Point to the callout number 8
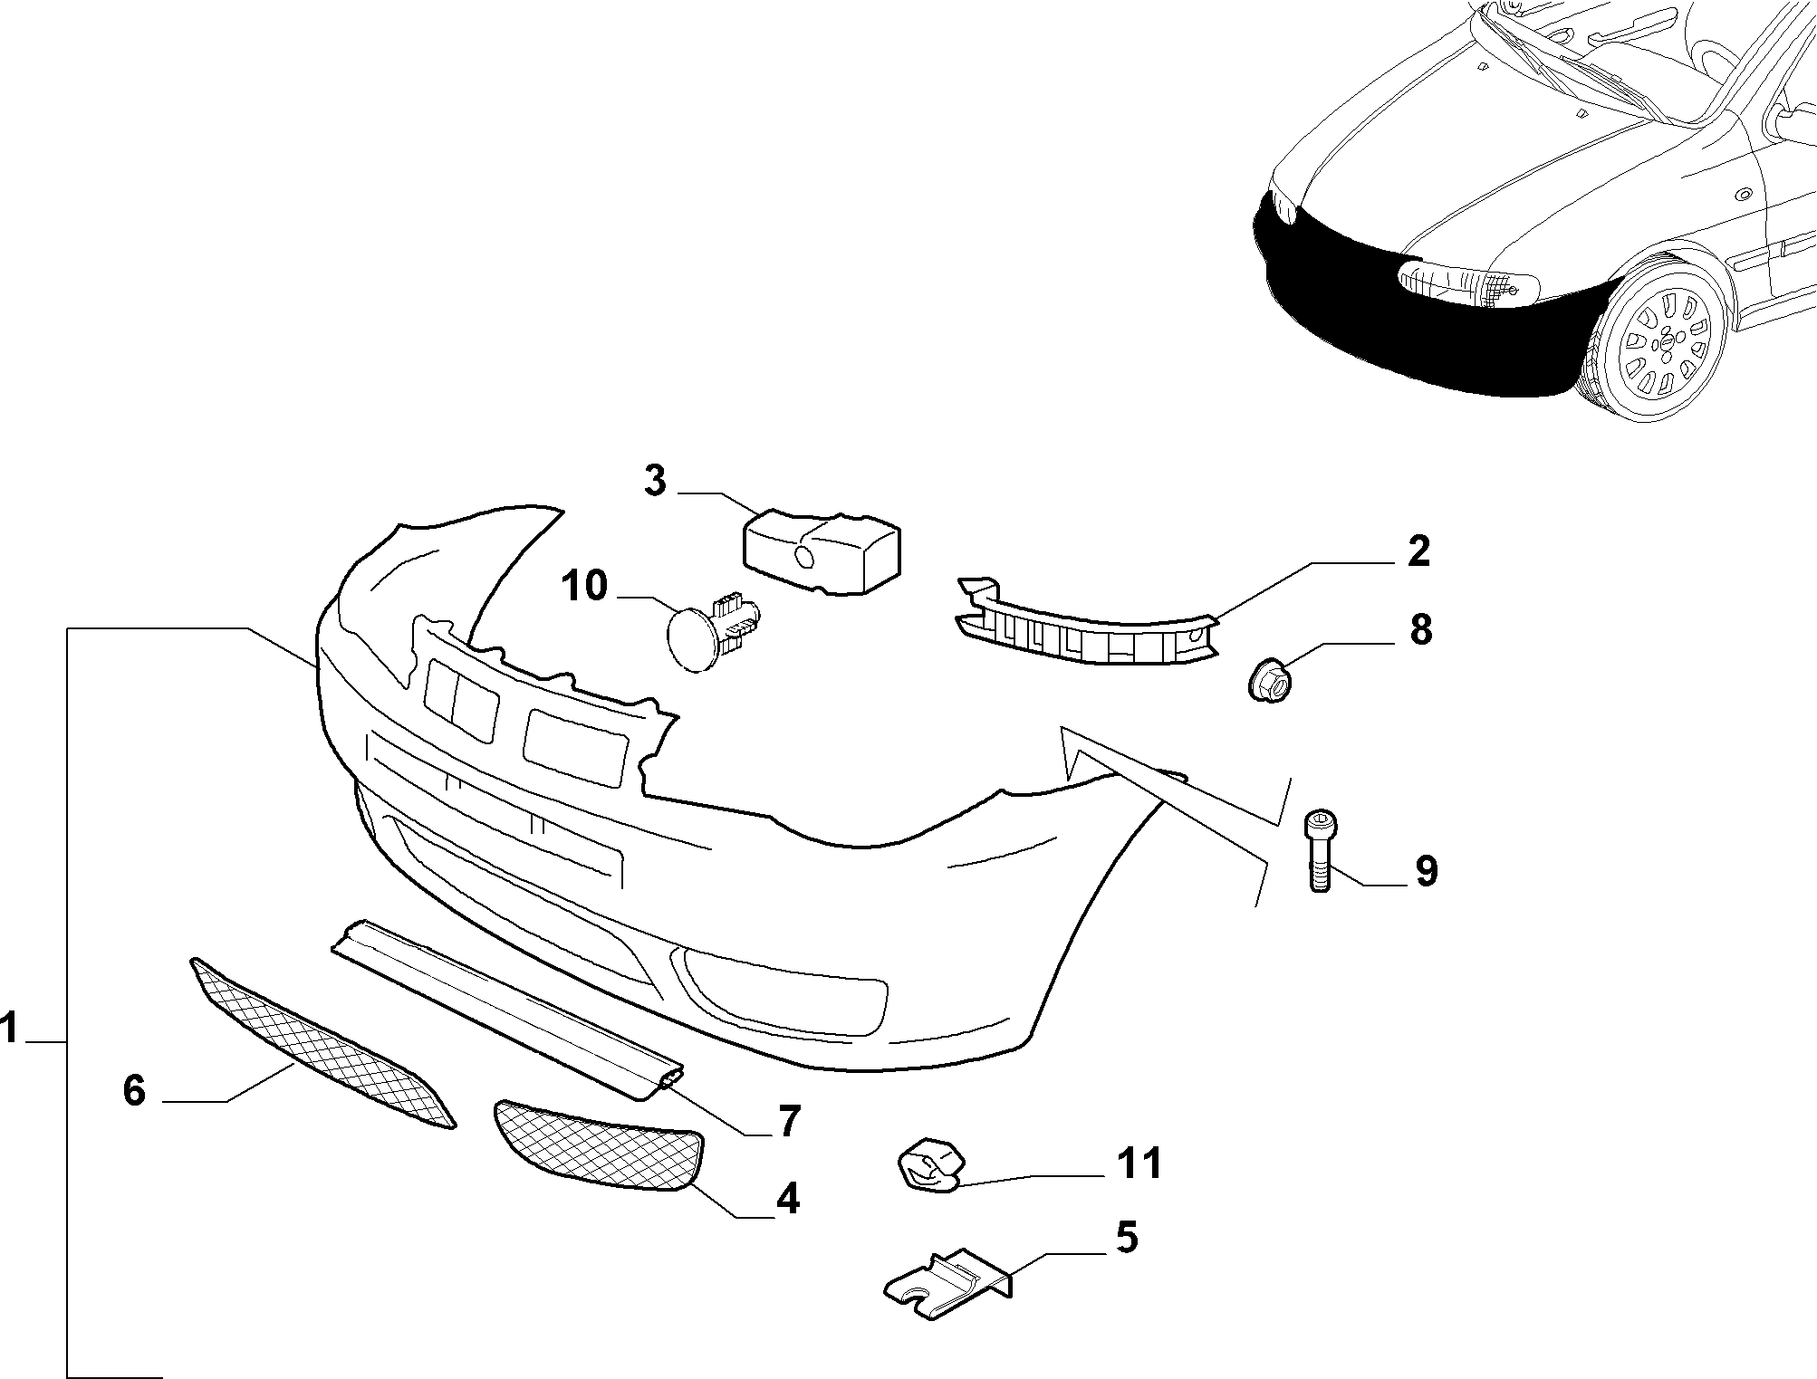click(x=1420, y=629)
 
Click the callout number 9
click(x=1426, y=870)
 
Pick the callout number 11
click(x=1140, y=1164)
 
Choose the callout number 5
click(x=1126, y=1238)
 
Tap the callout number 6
click(x=134, y=1090)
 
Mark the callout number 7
click(x=789, y=1122)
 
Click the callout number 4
click(x=788, y=1199)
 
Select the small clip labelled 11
click(x=928, y=1167)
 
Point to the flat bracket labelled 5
click(x=947, y=1282)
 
